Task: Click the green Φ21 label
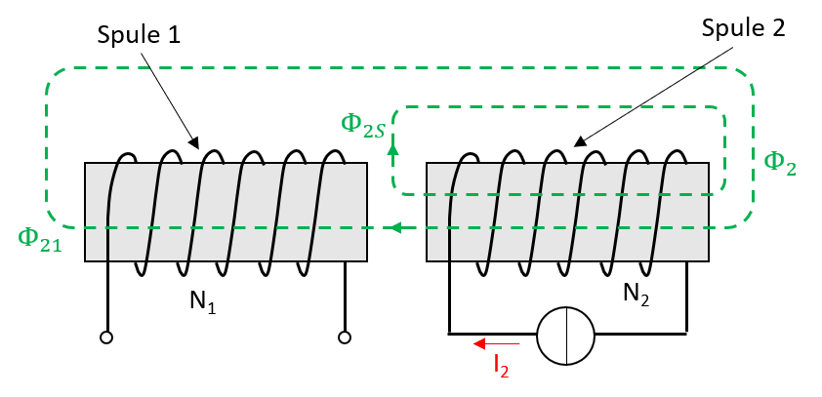(39, 239)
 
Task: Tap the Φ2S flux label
(362, 125)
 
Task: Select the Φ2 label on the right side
(779, 163)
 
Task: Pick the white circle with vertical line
(565, 336)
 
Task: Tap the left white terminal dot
(106, 337)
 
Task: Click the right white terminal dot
(345, 337)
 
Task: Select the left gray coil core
(226, 212)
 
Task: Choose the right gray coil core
(567, 212)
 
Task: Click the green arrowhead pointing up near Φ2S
(392, 148)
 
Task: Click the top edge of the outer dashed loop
(390, 68)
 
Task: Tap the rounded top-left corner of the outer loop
(53, 75)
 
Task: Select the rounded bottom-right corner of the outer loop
(746, 220)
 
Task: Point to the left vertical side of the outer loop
(47, 146)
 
